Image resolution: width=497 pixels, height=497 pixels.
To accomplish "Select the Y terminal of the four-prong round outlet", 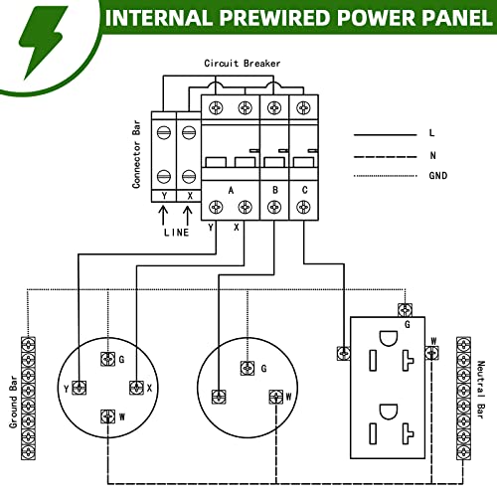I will [78, 387].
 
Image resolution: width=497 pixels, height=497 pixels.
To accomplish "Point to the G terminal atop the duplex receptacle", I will [404, 309].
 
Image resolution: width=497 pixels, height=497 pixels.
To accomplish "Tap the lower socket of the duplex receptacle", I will [391, 428].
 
